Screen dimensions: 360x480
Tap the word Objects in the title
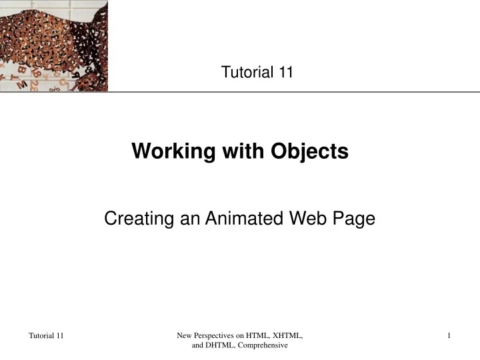[309, 152]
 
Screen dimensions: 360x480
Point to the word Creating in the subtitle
[134, 218]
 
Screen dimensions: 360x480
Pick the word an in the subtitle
[176, 218]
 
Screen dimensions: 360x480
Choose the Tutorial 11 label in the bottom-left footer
[46, 335]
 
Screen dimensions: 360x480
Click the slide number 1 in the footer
[450, 335]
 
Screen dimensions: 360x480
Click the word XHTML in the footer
[288, 335]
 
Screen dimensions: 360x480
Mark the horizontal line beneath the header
[293, 92]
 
